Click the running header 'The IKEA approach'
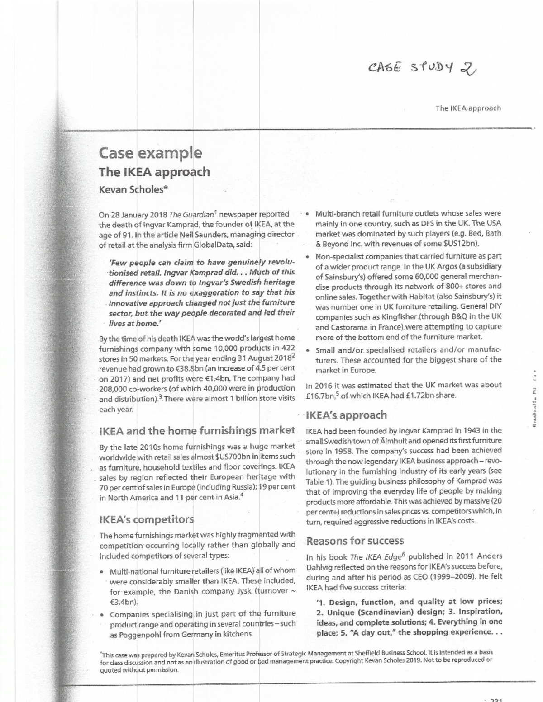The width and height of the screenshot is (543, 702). [468, 108]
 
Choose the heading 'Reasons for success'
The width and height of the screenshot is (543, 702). [355, 541]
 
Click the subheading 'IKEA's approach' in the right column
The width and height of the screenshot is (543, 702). [347, 415]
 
